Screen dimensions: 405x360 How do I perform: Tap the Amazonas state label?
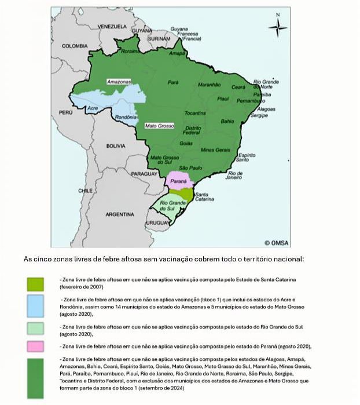pos(119,82)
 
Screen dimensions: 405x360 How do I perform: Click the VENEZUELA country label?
pos(112,27)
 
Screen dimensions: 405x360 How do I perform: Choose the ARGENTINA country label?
pos(120,214)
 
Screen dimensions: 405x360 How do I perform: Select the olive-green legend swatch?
pos(35,283)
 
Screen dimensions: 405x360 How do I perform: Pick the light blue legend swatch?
pos(35,306)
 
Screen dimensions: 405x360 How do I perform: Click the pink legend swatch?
pos(35,346)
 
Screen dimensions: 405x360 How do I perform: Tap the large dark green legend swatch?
pos(35,377)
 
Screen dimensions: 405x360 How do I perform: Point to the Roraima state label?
pos(130,52)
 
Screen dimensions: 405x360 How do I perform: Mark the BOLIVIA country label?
pos(116,146)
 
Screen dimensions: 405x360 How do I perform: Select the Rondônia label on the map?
pos(126,118)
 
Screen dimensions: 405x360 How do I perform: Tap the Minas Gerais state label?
pos(215,150)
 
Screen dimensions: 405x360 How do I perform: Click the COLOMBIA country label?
pos(75,46)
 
